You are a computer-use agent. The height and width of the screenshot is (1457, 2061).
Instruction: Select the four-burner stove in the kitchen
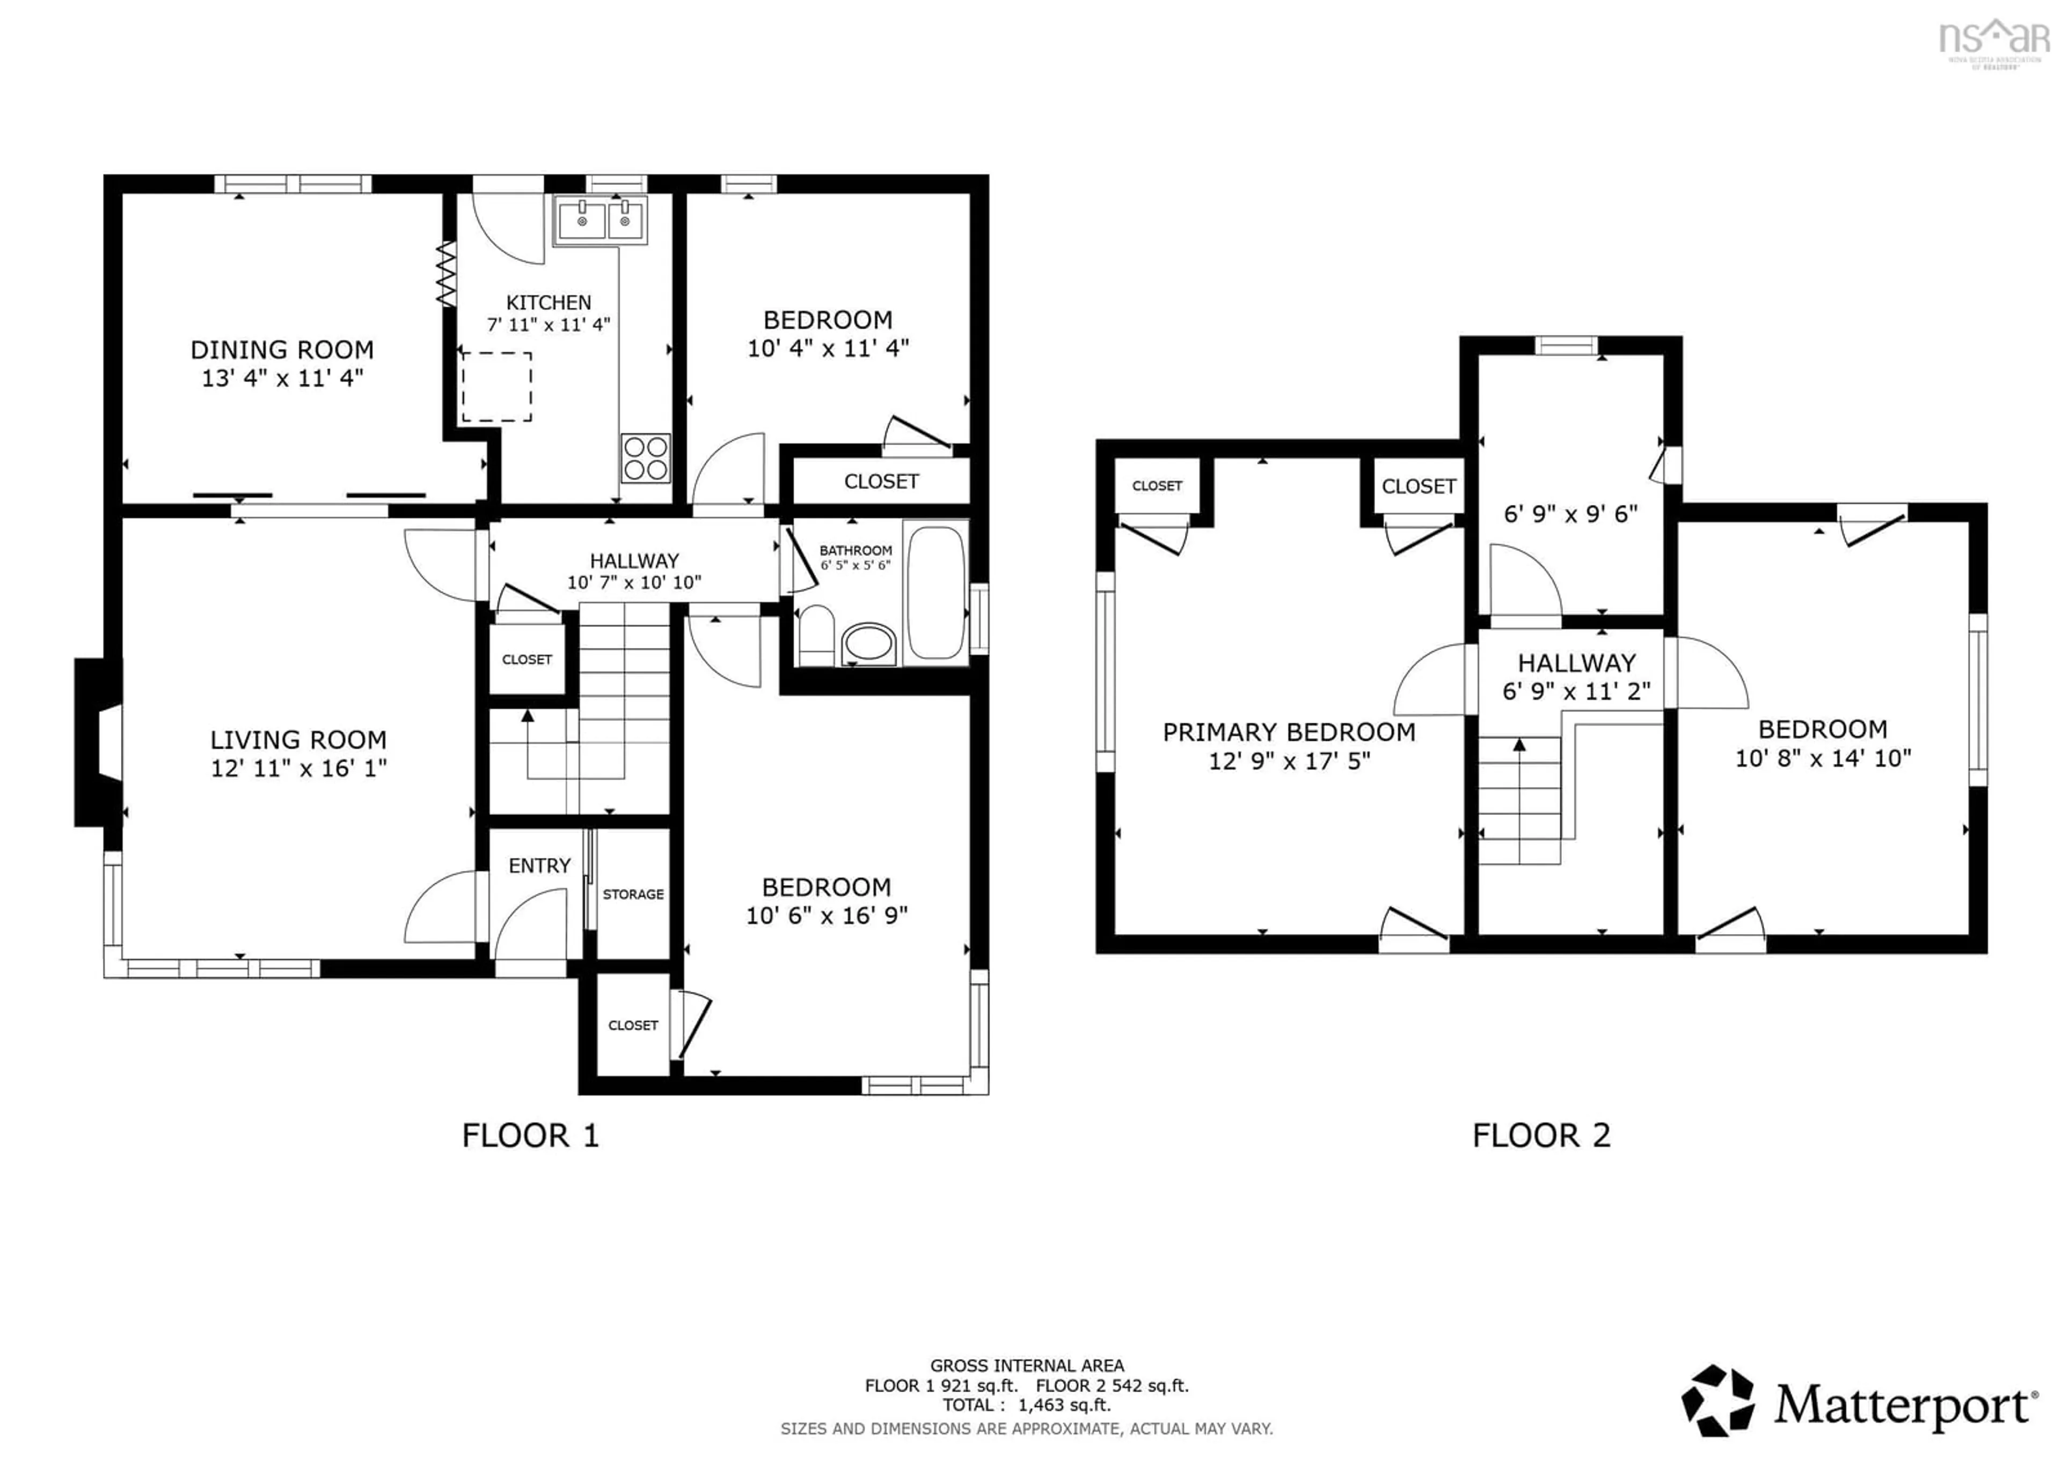click(646, 458)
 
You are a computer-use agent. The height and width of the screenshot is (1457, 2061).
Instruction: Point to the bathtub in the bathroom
click(936, 593)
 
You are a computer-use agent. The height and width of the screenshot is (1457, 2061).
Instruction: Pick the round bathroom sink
click(868, 644)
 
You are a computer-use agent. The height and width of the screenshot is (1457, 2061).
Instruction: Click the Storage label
click(633, 894)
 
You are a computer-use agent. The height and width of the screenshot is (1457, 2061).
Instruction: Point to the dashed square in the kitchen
click(496, 387)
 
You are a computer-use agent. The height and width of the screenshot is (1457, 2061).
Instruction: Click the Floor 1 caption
click(530, 1135)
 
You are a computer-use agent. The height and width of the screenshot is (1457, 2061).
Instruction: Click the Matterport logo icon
click(1717, 1401)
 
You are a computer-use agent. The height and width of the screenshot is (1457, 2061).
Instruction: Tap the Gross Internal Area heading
click(1026, 1365)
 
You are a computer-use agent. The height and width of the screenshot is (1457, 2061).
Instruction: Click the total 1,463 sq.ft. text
click(1026, 1405)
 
